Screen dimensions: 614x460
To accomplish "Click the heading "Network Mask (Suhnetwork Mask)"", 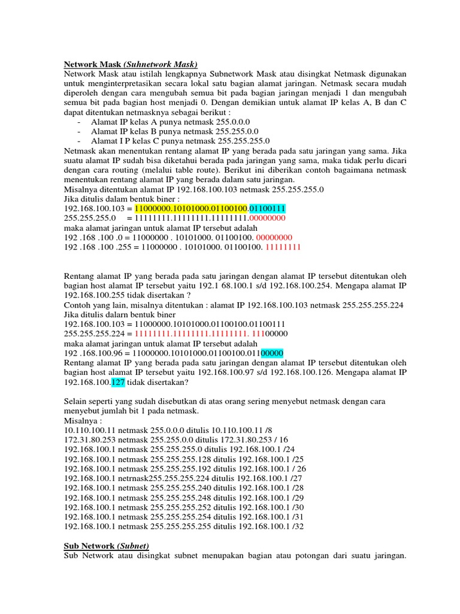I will (131, 64).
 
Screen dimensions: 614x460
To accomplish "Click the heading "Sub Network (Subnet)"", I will (106, 546).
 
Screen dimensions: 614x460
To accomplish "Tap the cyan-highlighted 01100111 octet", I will (267, 208).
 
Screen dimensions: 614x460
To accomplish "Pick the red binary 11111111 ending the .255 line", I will (283, 246).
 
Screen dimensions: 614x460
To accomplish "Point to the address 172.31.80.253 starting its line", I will (90, 439).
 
